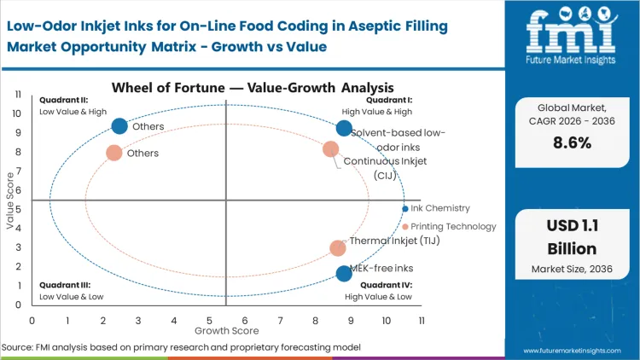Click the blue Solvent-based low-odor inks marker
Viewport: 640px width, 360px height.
pos(344,128)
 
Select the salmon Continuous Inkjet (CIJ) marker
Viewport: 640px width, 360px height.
pos(331,149)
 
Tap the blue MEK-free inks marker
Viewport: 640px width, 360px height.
pos(344,273)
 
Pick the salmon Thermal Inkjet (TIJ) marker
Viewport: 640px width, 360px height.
pos(338,248)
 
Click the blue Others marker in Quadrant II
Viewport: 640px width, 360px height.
pos(119,126)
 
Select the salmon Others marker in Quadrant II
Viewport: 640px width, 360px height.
pos(113,153)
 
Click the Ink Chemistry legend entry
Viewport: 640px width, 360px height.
pos(439,208)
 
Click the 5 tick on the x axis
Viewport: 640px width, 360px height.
pos(209,320)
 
